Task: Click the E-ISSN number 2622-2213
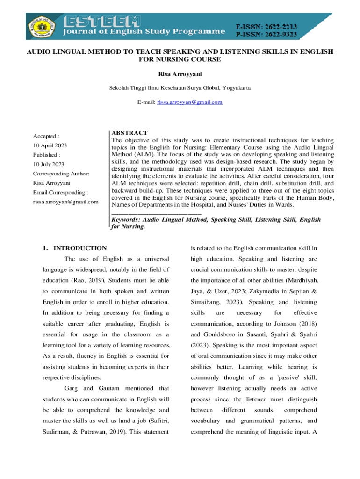(x=280, y=27)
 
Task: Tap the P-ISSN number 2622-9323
(x=280, y=34)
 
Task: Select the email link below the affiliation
(x=190, y=102)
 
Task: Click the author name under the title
(x=180, y=74)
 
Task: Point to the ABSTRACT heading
(x=130, y=133)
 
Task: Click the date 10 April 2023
(x=50, y=145)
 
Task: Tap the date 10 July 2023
(x=48, y=164)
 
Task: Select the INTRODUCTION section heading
(x=80, y=248)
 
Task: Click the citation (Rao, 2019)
(x=91, y=280)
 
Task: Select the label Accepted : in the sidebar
(x=46, y=136)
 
